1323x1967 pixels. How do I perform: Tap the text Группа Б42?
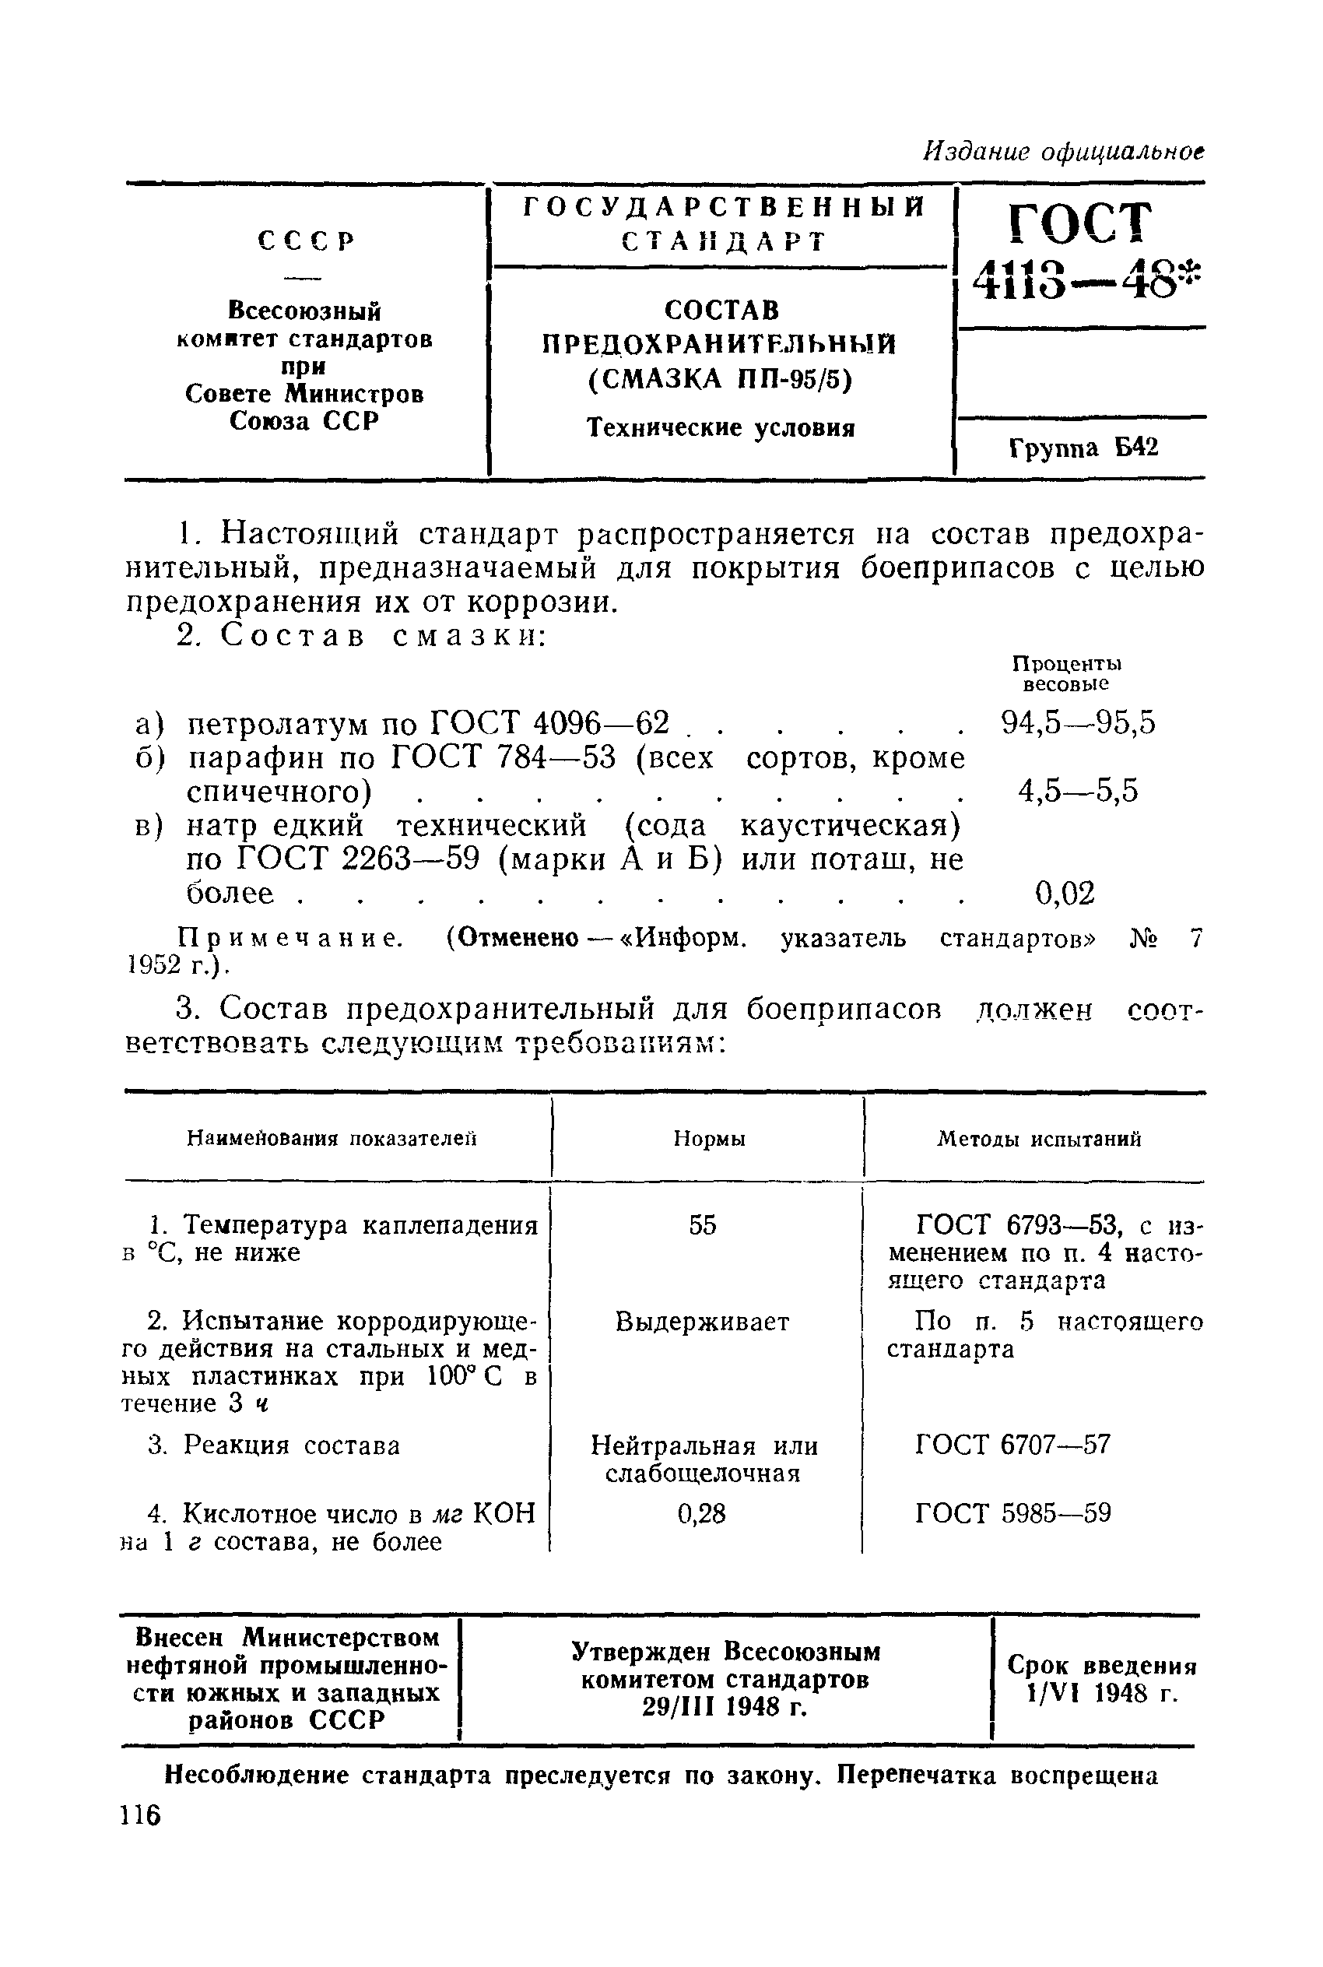pos(1083,448)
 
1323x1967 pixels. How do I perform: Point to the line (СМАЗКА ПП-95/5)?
pos(721,381)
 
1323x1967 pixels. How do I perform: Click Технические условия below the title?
pos(721,428)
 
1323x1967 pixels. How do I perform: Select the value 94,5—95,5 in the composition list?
pos(1078,722)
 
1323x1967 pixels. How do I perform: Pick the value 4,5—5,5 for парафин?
pos(1078,791)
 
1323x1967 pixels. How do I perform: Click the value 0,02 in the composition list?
pos(1065,893)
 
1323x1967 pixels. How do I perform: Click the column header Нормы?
pos(709,1140)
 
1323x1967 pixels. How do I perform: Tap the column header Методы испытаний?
pos(1040,1140)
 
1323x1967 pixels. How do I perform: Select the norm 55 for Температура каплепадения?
pos(702,1225)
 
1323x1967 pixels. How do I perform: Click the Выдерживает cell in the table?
pos(702,1322)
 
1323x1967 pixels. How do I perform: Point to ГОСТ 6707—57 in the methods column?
pos(1012,1445)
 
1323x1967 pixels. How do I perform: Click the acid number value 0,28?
pos(701,1514)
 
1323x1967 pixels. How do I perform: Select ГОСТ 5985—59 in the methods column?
pos(1012,1514)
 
